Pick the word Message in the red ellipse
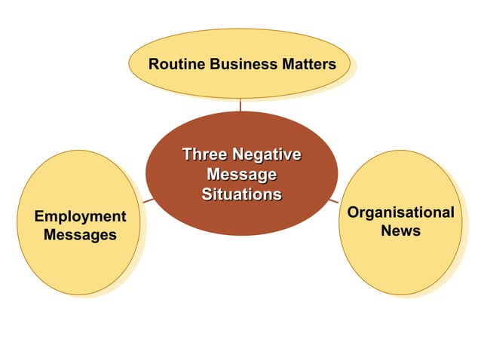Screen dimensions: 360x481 pyautogui.click(x=241, y=175)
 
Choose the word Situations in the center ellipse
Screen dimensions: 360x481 pyautogui.click(x=241, y=194)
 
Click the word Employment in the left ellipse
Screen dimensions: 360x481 pyautogui.click(x=80, y=217)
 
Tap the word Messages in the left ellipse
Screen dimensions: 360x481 pyautogui.click(x=80, y=235)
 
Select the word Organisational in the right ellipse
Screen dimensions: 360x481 pyautogui.click(x=400, y=212)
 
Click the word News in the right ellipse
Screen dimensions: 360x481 pyautogui.click(x=400, y=231)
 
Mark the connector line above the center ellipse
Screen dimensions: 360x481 pyautogui.click(x=240, y=105)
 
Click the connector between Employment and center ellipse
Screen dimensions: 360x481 pyautogui.click(x=149, y=201)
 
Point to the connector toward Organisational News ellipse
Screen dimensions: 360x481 pyautogui.click(x=333, y=201)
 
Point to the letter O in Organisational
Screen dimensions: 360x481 pyautogui.click(x=353, y=212)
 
